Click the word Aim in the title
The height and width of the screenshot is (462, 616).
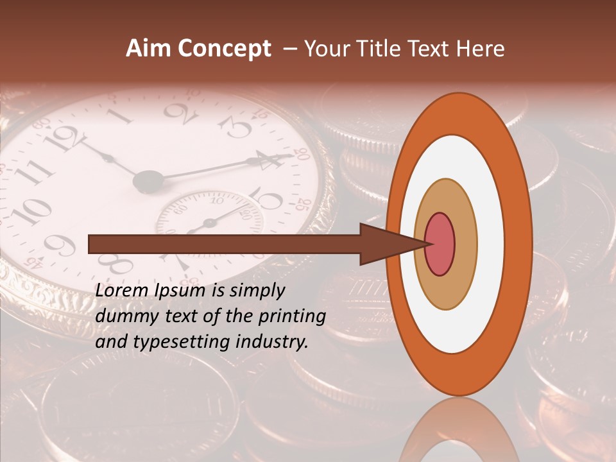point(149,49)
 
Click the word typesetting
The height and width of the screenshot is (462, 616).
point(170,342)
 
